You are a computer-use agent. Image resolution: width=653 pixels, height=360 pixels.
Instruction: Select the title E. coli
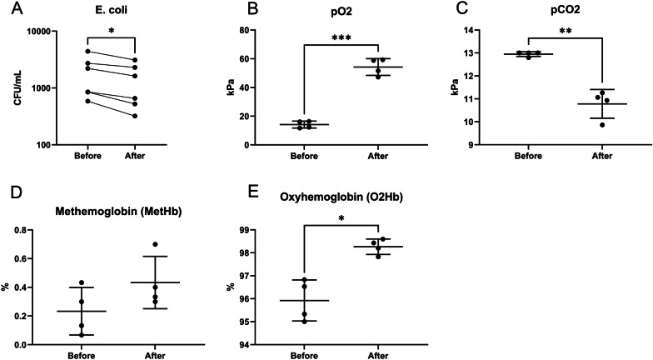[111, 12]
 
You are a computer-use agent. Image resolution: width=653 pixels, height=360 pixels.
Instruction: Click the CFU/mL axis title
[15, 87]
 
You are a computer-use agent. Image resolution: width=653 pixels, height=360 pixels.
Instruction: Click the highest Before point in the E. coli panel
[87, 52]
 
